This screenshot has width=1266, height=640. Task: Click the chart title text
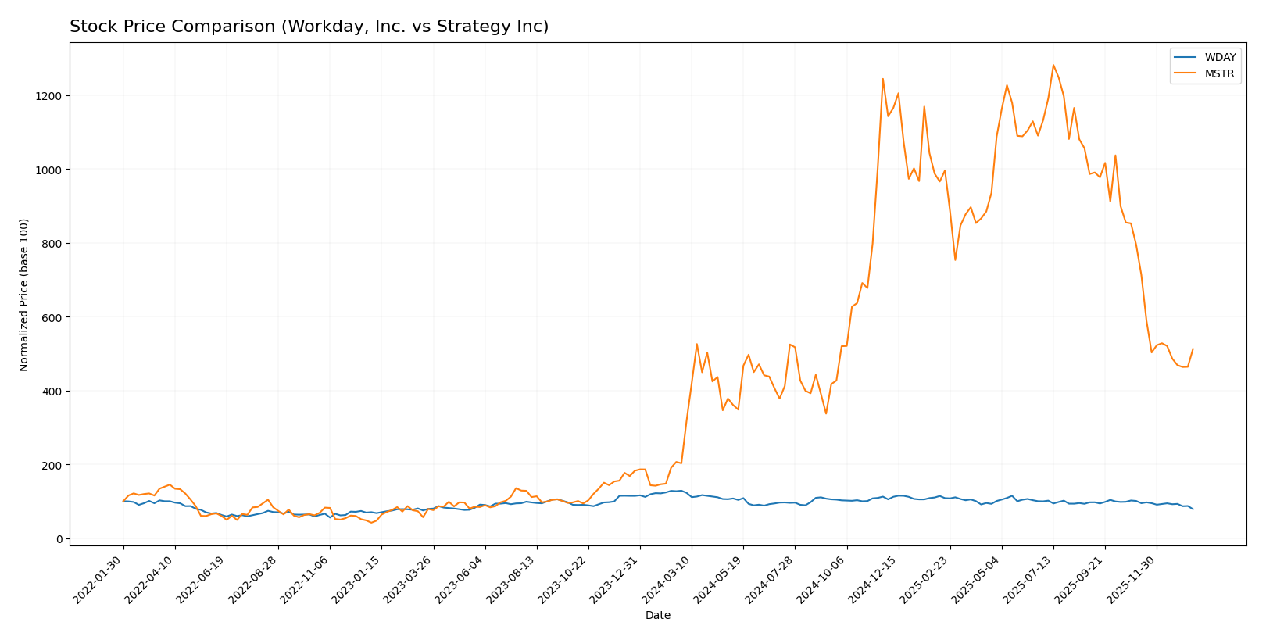click(x=309, y=27)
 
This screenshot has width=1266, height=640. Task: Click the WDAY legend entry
click(x=1219, y=57)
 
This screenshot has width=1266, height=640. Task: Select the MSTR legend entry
click(x=1219, y=74)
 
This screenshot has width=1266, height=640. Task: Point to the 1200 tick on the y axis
click(x=49, y=95)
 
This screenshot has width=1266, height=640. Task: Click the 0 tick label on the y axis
click(x=59, y=538)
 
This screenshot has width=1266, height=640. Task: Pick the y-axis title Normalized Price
click(x=24, y=295)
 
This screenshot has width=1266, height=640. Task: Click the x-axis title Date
click(x=657, y=615)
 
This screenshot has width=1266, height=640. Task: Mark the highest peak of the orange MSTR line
click(x=1053, y=65)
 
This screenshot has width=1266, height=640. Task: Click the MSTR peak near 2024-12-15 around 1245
click(x=882, y=78)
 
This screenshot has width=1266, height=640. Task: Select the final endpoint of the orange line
click(x=1193, y=349)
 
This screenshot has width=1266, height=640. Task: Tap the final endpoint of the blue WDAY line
click(x=1193, y=509)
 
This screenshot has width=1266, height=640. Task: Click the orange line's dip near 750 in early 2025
click(x=954, y=259)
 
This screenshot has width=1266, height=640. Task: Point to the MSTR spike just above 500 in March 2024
click(x=696, y=344)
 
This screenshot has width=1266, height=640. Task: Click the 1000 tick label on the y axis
click(x=49, y=170)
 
